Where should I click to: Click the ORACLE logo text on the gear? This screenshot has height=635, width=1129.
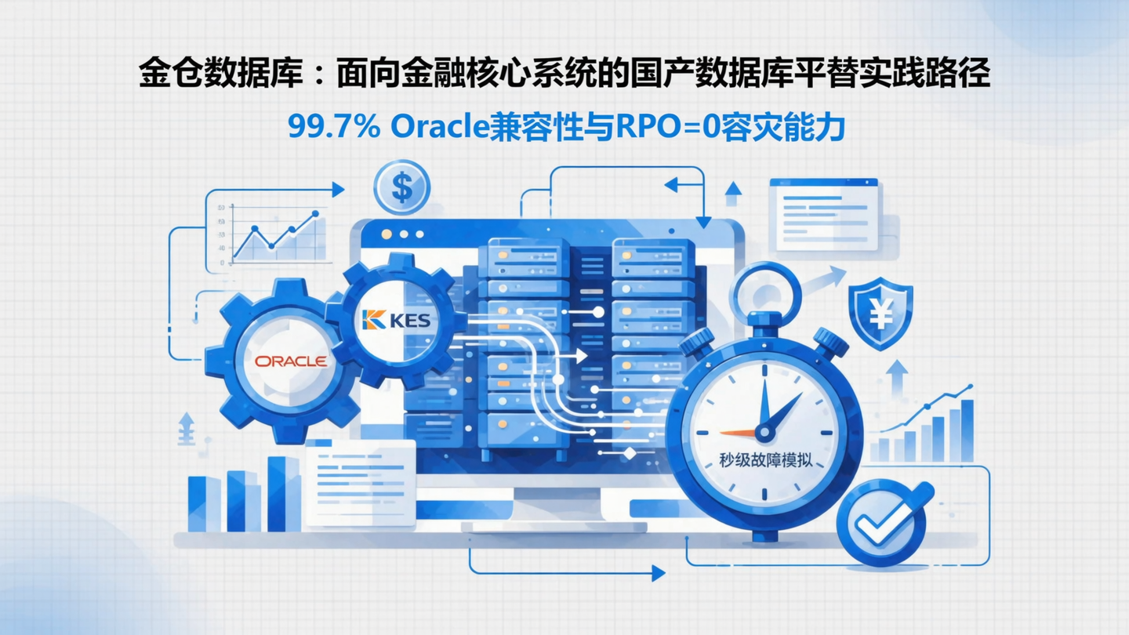coord(291,361)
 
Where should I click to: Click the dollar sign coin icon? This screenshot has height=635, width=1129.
coord(401,188)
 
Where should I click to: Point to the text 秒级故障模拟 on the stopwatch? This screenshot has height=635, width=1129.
coord(766,460)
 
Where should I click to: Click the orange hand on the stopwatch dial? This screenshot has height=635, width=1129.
coord(737,433)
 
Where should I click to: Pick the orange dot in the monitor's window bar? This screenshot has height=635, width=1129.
coord(386,234)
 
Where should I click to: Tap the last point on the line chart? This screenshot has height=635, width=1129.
coord(315,213)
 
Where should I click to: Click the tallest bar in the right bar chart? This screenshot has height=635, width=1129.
coord(967,430)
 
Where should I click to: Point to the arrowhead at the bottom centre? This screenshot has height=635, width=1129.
coord(658,574)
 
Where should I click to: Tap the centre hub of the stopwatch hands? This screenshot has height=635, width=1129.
coord(764,431)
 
